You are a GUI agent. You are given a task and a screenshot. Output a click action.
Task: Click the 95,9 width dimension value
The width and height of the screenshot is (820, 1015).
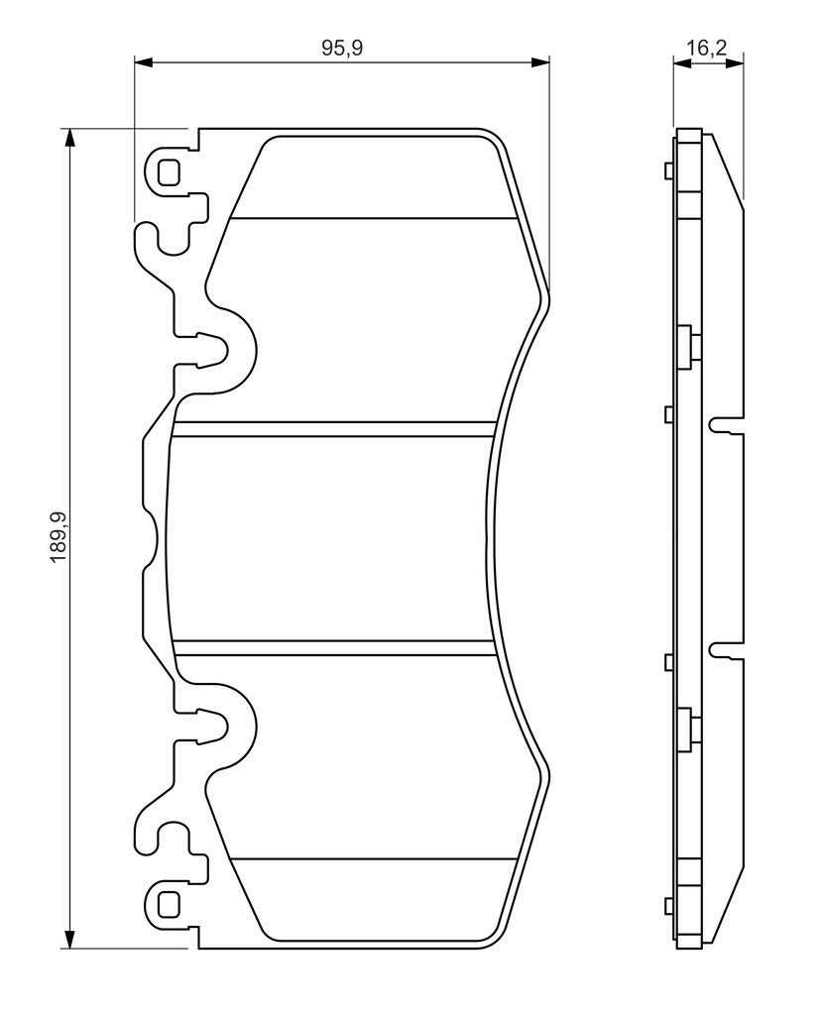(343, 49)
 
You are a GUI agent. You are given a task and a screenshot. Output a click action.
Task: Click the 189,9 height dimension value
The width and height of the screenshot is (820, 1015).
(59, 538)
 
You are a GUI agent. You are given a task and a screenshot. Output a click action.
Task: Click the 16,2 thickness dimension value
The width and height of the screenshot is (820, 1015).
(707, 48)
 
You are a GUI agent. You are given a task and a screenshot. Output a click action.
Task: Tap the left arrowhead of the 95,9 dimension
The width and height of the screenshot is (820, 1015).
(143, 62)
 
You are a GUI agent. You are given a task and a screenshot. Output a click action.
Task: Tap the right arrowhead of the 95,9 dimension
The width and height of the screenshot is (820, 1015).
(540, 62)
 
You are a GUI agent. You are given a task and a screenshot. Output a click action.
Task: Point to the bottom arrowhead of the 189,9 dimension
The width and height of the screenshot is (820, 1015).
(68, 940)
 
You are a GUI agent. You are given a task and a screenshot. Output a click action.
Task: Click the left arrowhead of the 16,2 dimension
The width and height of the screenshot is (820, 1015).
(682, 62)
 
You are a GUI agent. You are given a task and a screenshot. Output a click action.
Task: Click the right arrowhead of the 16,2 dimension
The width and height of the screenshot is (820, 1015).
(735, 62)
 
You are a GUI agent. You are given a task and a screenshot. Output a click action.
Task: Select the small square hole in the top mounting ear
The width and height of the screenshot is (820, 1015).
(169, 171)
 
